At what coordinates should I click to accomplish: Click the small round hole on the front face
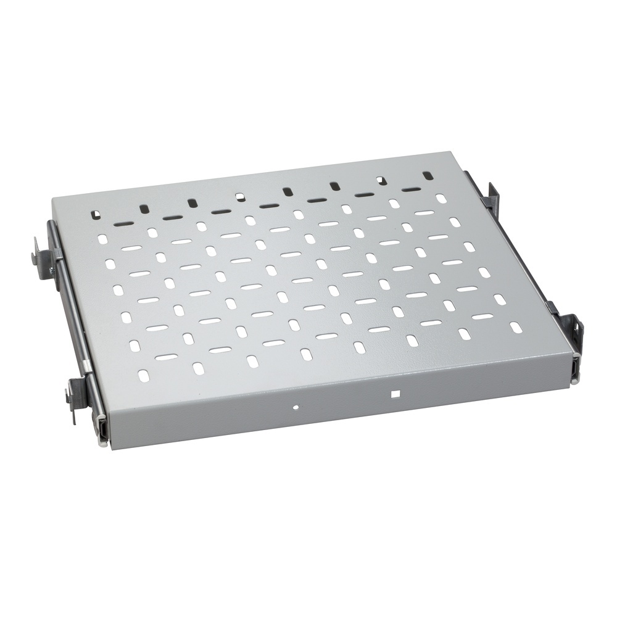click(x=296, y=407)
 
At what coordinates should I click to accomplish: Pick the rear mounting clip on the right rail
click(x=492, y=196)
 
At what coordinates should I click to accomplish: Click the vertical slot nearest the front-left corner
click(x=143, y=375)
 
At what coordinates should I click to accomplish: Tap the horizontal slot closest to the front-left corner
click(x=166, y=357)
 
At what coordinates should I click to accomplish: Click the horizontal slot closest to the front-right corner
click(x=482, y=317)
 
